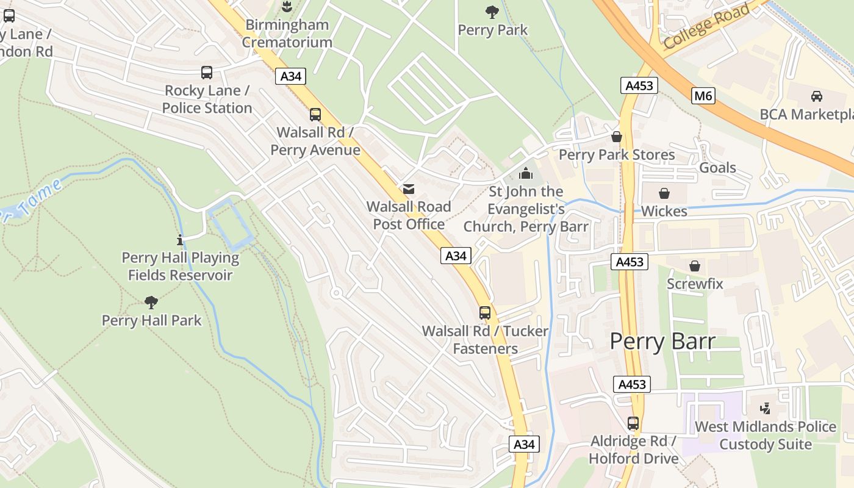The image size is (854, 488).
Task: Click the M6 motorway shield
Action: [703, 95]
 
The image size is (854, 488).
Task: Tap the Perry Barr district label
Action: [662, 341]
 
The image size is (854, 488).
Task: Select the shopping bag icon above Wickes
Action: [664, 193]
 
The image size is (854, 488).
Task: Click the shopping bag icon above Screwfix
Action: [694, 266]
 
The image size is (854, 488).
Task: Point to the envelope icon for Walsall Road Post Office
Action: [408, 189]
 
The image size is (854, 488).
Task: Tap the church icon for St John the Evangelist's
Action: [525, 174]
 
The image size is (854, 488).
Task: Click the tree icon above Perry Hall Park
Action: [151, 302]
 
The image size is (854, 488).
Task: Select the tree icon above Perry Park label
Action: [492, 12]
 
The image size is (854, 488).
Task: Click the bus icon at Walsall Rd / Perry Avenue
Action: [315, 114]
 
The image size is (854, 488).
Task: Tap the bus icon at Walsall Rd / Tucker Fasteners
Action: [485, 313]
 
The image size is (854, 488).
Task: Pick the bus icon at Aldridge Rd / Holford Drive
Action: [633, 423]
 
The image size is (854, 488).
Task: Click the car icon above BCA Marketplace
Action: [816, 96]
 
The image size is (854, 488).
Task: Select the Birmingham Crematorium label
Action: [287, 34]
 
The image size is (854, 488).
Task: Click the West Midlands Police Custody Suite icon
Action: [766, 408]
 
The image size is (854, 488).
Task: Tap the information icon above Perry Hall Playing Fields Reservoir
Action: [179, 240]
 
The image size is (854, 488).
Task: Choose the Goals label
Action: [717, 168]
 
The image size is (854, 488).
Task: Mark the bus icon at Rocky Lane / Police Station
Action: [207, 73]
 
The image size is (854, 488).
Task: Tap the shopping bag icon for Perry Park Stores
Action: [617, 137]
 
